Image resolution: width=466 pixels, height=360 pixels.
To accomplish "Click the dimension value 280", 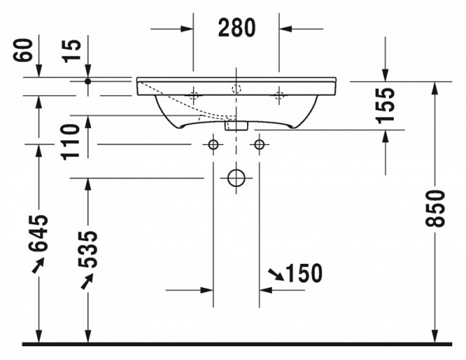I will click(x=236, y=28).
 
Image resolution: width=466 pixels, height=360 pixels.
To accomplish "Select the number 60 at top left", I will click(x=25, y=53).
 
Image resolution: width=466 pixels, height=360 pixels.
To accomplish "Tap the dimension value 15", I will click(x=71, y=53).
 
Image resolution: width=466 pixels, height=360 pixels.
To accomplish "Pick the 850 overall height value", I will click(x=439, y=209).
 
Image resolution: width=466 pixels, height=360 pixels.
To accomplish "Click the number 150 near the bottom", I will click(x=303, y=273).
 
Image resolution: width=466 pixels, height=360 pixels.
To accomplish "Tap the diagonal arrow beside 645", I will click(x=37, y=265).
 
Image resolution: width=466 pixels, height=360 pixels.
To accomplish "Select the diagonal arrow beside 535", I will click(x=87, y=282).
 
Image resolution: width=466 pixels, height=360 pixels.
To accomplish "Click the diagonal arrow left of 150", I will click(x=274, y=274).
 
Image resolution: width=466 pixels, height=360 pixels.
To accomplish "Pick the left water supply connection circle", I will click(x=213, y=144).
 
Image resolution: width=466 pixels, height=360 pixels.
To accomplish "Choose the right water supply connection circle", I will click(x=259, y=144).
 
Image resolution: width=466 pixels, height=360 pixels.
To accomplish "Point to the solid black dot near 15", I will click(x=88, y=81).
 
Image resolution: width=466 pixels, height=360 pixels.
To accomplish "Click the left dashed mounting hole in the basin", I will click(x=194, y=96).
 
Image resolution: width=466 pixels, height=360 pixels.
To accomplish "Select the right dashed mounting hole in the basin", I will click(x=279, y=96).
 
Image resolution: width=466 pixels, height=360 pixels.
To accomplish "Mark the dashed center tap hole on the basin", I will click(x=236, y=88).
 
